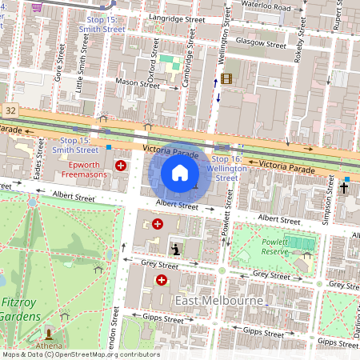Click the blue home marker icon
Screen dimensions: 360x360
pos(180,173)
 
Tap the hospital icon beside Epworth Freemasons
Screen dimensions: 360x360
pos(121,166)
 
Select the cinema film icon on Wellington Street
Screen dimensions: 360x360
pos(226,78)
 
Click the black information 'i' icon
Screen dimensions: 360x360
pos(175,250)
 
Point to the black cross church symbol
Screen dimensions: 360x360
pos(344,188)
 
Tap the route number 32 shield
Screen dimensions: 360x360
pos(10,108)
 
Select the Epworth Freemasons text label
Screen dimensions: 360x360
pos(86,170)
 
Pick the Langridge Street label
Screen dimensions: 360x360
pos(180,18)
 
